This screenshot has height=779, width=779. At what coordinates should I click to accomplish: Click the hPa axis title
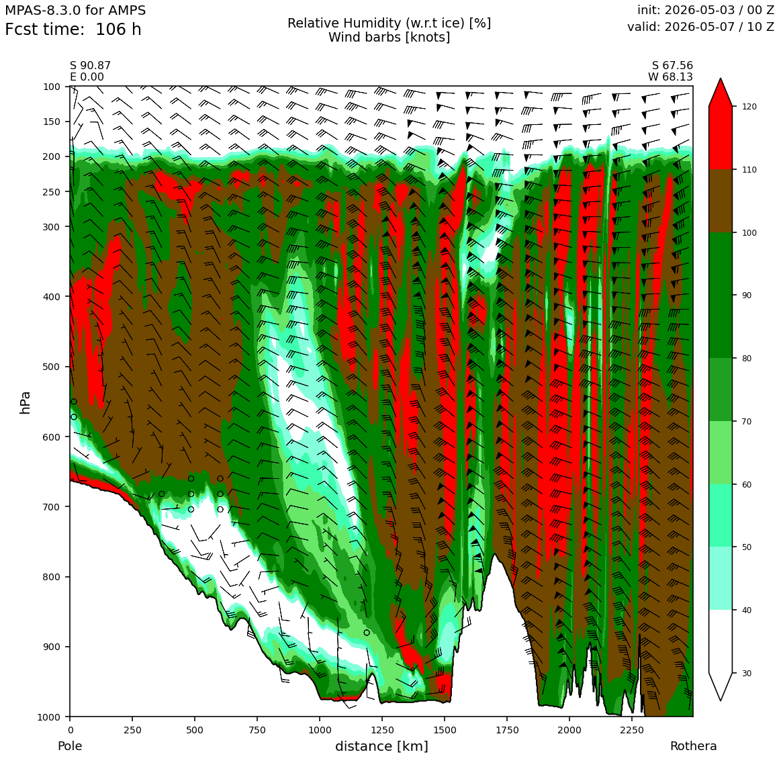25,402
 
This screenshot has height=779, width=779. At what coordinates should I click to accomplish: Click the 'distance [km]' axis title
381,746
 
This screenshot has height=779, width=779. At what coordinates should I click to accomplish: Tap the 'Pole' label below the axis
70,746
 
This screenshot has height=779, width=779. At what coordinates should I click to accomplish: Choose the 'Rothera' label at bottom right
693,746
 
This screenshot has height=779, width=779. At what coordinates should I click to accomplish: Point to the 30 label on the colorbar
745,673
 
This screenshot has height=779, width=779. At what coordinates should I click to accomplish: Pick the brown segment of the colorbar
721,201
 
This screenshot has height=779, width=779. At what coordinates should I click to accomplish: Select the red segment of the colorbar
721,138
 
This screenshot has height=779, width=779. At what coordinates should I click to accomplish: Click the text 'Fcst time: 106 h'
73,30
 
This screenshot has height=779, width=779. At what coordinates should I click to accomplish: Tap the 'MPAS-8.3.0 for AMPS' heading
75,11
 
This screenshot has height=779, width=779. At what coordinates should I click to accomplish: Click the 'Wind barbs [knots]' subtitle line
389,37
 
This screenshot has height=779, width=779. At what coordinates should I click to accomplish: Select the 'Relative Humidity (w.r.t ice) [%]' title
389,24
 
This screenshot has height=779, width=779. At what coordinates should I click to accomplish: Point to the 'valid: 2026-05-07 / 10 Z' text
700,27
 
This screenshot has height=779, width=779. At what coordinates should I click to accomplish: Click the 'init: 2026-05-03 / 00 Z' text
706,10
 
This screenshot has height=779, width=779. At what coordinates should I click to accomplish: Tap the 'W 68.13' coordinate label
670,77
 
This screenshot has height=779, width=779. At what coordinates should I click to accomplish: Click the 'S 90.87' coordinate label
91,66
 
